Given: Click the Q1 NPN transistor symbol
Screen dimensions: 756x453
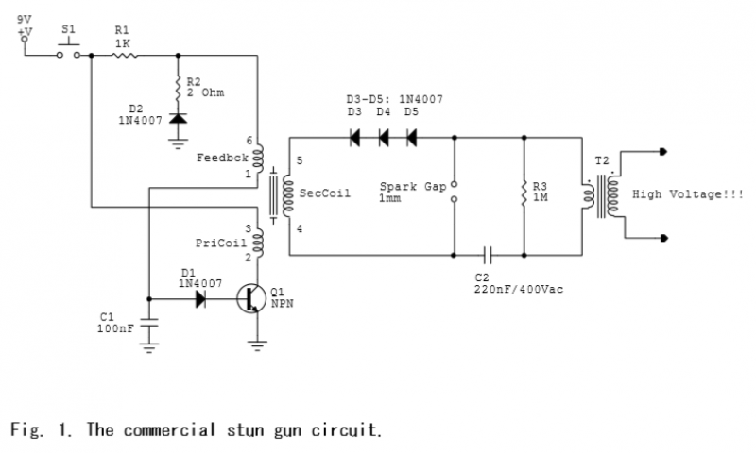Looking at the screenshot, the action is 251,298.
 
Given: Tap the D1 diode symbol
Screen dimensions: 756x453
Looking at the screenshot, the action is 200,299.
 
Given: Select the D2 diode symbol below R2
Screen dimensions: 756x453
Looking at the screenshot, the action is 178,118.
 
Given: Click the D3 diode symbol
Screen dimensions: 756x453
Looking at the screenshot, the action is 355,138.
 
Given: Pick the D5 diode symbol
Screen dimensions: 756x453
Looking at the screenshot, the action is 411,138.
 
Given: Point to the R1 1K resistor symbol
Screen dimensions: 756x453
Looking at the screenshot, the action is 125,56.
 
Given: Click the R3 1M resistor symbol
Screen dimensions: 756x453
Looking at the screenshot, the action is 524,193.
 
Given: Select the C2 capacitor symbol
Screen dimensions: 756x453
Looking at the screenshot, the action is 488,255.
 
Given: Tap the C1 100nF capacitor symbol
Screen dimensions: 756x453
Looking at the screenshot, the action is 149,322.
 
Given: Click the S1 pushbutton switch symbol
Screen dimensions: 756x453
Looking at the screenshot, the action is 68,52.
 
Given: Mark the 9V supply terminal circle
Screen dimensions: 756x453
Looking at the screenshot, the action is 25,40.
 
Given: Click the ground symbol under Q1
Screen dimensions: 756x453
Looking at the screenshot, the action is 257,346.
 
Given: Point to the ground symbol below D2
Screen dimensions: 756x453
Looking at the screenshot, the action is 178,143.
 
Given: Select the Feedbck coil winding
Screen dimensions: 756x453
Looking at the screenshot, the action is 258,158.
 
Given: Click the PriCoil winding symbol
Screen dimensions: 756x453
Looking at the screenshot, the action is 258,243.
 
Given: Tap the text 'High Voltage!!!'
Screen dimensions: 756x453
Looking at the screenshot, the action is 688,194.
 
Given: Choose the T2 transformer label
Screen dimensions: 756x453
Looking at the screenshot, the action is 602,160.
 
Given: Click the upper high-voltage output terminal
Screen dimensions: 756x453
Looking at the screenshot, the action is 663,152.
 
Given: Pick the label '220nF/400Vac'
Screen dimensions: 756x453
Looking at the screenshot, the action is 519,290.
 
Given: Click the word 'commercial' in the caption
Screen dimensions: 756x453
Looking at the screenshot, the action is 169,429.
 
